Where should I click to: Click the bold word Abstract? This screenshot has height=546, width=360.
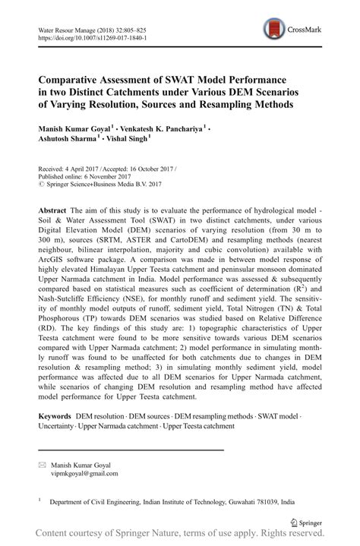coord(52,209)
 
